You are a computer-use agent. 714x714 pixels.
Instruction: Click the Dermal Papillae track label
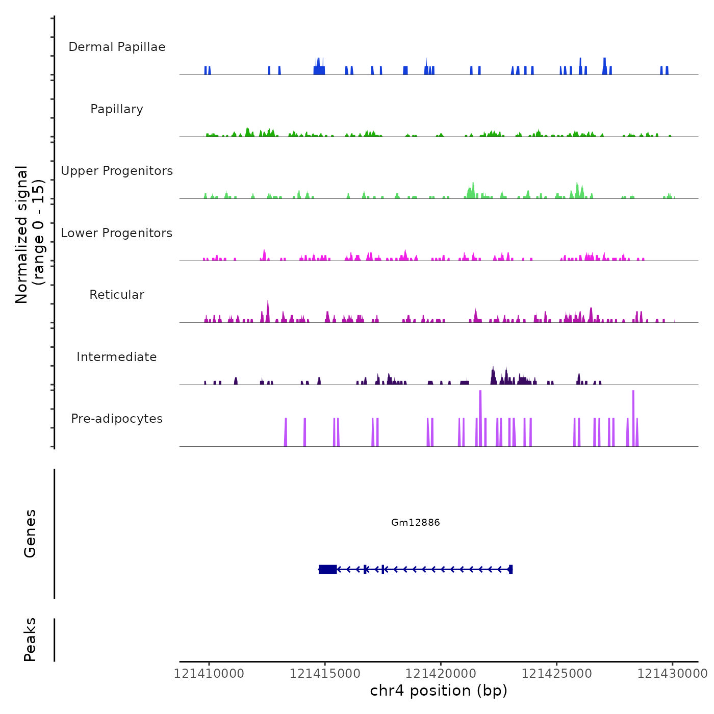pos(117,47)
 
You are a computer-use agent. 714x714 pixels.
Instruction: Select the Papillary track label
pos(117,109)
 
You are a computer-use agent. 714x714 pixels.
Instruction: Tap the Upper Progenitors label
pos(117,171)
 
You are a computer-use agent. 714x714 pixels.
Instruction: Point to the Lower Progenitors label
pos(117,233)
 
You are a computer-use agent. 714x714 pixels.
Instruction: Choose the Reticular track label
pos(117,295)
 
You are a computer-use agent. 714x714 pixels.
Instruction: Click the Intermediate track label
pos(117,357)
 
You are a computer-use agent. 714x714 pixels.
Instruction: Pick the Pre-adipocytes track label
pos(117,419)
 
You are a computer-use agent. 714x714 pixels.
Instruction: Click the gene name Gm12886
pos(415,522)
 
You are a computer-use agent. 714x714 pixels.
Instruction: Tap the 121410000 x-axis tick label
pos(209,674)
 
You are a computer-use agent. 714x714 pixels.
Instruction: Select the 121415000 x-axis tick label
pos(325,674)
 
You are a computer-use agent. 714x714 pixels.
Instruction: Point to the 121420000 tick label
pos(441,674)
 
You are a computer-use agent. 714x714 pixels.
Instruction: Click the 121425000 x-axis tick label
pos(557,674)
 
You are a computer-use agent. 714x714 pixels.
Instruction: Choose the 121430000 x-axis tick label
pos(672,674)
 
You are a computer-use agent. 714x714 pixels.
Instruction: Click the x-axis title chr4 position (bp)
pos(439,691)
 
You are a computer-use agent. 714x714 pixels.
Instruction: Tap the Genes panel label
pos(30,533)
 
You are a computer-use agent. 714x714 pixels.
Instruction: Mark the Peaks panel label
pos(30,640)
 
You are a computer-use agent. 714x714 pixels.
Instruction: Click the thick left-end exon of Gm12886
pos(327,569)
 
